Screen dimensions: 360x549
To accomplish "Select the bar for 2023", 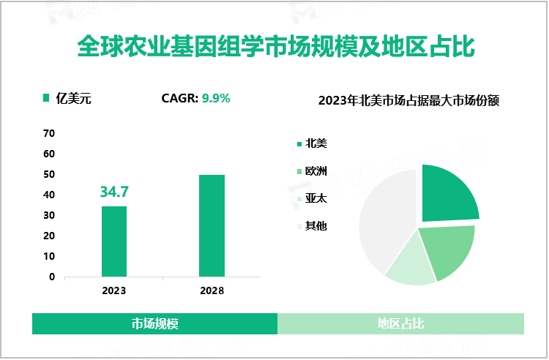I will pyautogui.click(x=114, y=241).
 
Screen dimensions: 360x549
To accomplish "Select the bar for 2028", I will pyautogui.click(x=212, y=225).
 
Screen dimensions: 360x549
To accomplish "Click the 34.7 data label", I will pyautogui.click(x=114, y=192).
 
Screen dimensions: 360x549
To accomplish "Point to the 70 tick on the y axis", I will pyautogui.click(x=49, y=133).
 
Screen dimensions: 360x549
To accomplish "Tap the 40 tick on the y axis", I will pyautogui.click(x=49, y=195).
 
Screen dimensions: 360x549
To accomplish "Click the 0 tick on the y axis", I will pyautogui.click(x=52, y=277).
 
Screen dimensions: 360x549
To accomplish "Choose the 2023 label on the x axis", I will pyautogui.click(x=114, y=290).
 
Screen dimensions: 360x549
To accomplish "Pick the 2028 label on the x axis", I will pyautogui.click(x=212, y=290).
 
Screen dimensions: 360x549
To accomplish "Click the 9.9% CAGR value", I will pyautogui.click(x=216, y=98).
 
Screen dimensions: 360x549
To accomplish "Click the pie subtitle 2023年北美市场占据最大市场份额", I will pyautogui.click(x=408, y=101).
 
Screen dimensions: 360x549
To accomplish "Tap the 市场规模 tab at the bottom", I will pyautogui.click(x=155, y=323).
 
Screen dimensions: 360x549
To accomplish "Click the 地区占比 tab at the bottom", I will pyautogui.click(x=400, y=323).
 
